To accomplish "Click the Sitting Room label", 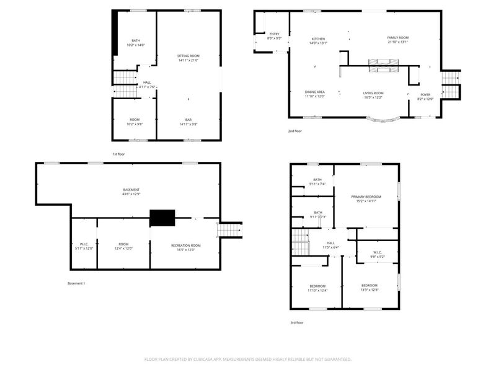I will pyautogui.click(x=188, y=56).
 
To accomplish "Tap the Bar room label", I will pyautogui.click(x=188, y=120).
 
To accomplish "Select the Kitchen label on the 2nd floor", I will pyautogui.click(x=317, y=38).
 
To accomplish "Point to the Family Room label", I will pyautogui.click(x=398, y=38).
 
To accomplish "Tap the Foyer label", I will pyautogui.click(x=425, y=95).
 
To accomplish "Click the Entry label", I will pyautogui.click(x=274, y=34).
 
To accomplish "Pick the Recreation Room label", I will pyautogui.click(x=186, y=246).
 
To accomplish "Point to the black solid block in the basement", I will pyautogui.click(x=162, y=218).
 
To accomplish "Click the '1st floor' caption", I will pyautogui.click(x=119, y=154).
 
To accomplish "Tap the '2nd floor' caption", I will pyautogui.click(x=294, y=131).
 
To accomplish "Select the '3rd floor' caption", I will pyautogui.click(x=297, y=322).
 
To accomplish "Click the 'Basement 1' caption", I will pyautogui.click(x=76, y=283).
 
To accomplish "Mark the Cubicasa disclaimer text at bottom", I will pyautogui.click(x=248, y=359).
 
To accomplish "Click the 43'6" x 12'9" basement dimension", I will pyautogui.click(x=131, y=195).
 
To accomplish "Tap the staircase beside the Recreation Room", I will pyautogui.click(x=228, y=229).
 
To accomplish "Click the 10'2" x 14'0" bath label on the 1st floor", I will pyautogui.click(x=135, y=45).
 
